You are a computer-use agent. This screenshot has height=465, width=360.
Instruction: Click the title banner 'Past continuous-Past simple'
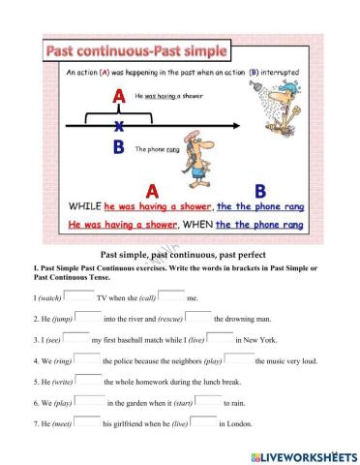(135, 49)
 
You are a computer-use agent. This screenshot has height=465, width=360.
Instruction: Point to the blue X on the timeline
(119, 125)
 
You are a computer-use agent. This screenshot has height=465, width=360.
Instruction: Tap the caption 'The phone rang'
(157, 149)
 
